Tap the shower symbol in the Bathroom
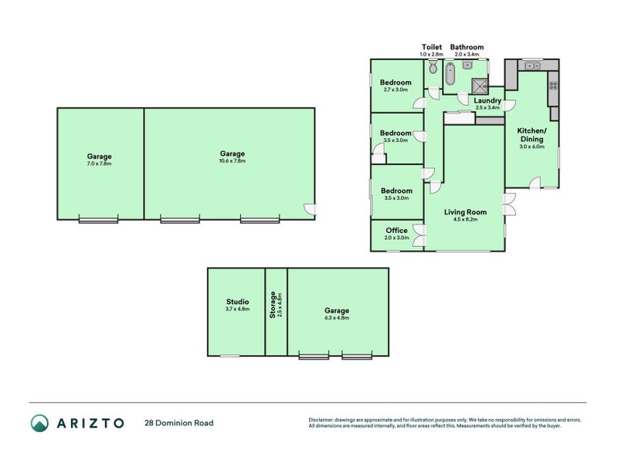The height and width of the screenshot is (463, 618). point(479,85)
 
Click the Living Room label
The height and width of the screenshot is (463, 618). point(465,211)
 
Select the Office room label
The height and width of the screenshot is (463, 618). point(396,230)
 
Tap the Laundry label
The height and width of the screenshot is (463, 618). point(487,100)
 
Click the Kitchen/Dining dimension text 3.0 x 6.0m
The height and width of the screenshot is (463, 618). point(532,146)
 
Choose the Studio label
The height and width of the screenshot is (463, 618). point(237,302)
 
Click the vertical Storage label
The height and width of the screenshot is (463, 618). point(271,306)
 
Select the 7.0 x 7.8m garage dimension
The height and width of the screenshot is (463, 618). point(99,164)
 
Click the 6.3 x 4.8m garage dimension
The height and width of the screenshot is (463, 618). point(337,318)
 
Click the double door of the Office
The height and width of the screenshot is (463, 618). point(418,235)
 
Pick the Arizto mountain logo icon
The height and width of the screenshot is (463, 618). point(39,423)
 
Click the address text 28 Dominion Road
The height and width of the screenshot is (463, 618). point(178,423)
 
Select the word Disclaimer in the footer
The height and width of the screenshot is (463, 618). point(322,420)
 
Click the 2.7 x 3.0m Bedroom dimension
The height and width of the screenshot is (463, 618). point(396,90)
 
